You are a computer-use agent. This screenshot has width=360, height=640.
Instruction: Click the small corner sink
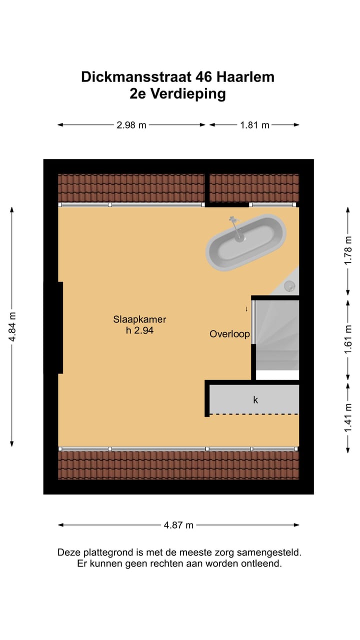pyautogui.click(x=290, y=286)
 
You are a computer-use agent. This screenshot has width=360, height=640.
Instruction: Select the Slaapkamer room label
pyautogui.click(x=139, y=319)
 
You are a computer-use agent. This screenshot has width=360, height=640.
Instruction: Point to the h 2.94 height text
pyautogui.click(x=139, y=330)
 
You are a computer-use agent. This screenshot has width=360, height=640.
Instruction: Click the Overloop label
pyautogui.click(x=229, y=334)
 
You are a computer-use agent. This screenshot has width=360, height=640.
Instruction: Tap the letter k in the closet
pyautogui.click(x=255, y=399)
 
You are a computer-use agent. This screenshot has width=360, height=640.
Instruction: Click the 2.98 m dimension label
pyautogui.click(x=131, y=125)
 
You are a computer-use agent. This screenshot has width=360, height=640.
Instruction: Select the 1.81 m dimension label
pyautogui.click(x=254, y=125)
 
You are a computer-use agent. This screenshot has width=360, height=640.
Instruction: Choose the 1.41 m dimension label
pyautogui.click(x=348, y=418)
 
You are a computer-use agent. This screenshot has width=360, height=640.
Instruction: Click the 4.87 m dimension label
pyautogui.click(x=178, y=525)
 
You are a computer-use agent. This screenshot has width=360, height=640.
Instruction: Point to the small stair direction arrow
pyautogui.click(x=246, y=309)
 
